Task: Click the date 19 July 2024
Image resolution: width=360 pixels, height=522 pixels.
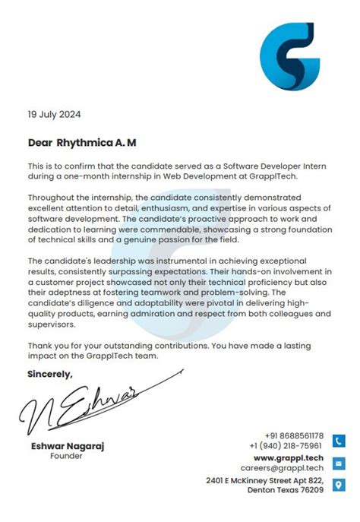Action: (x=54, y=115)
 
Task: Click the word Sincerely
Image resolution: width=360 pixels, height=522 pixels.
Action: (x=50, y=374)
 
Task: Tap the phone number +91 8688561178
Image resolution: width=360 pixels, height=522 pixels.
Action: (x=294, y=435)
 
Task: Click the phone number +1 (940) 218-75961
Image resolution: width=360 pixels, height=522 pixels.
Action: (x=285, y=446)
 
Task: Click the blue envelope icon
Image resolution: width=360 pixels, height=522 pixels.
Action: (x=339, y=463)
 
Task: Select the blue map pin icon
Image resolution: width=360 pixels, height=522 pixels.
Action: (x=339, y=485)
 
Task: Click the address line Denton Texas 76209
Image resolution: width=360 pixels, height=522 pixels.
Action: (x=286, y=490)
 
